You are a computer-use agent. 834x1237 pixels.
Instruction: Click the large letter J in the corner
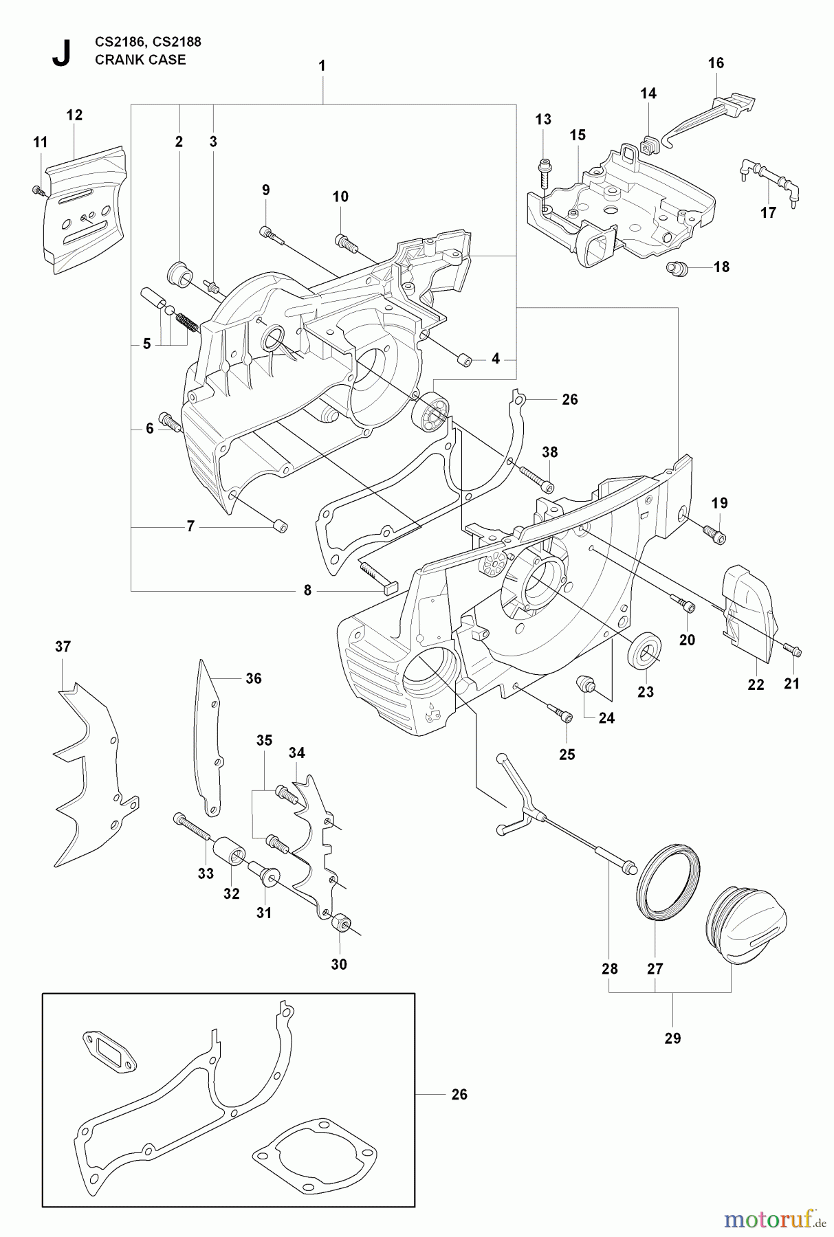[x=61, y=52]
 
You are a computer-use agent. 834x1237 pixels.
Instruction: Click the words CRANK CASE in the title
[x=140, y=60]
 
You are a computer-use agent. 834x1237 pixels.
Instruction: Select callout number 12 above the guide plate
[x=74, y=115]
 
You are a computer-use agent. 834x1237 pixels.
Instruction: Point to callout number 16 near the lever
[x=716, y=63]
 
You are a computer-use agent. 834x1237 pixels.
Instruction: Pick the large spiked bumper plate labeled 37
[x=93, y=777]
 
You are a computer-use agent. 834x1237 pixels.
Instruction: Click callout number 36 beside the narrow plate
[x=254, y=678]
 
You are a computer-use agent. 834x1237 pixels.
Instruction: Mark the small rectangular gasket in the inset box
[x=109, y=1051]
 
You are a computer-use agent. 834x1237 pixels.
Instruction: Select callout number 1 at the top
[x=322, y=66]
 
